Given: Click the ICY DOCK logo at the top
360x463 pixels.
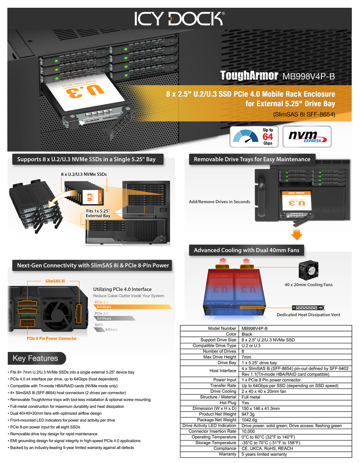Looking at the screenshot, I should (x=179, y=19).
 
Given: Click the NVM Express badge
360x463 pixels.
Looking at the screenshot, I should (x=307, y=136).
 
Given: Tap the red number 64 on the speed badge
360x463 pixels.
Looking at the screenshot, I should (x=267, y=137).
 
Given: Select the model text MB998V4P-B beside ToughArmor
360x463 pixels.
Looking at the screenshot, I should (x=309, y=76).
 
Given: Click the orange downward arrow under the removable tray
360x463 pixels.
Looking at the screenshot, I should (x=296, y=235).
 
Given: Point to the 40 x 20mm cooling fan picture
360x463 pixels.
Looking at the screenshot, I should (x=309, y=270).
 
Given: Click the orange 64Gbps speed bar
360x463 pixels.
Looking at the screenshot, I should (x=131, y=306).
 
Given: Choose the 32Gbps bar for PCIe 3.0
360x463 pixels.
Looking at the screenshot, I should (x=114, y=318).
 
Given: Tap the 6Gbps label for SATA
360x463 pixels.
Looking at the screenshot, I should (x=111, y=330).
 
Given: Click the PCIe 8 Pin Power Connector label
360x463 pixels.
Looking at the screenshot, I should (x=51, y=338).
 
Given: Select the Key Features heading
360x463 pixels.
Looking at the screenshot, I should (x=35, y=358).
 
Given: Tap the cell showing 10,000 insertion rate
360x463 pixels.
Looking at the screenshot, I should (x=248, y=431).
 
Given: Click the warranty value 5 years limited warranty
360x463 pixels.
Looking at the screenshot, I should (x=265, y=454).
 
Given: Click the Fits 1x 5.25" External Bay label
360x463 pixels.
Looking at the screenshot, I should (x=98, y=213).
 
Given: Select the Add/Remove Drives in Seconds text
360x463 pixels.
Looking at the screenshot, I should (x=219, y=202).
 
